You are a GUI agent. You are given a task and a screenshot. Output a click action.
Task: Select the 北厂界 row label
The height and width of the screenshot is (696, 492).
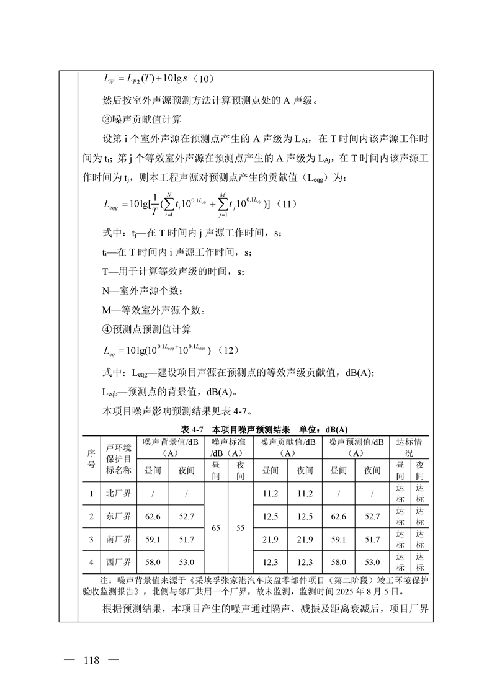(x=119, y=494)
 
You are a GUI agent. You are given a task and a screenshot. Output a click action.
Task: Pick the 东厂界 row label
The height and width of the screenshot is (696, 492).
(x=119, y=516)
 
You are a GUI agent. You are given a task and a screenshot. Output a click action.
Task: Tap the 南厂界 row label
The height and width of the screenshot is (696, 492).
(x=119, y=539)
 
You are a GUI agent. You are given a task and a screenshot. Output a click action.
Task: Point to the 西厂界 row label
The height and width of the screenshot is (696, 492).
(x=119, y=562)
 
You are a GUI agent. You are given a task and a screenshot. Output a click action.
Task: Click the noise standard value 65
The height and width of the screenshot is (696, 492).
(x=215, y=528)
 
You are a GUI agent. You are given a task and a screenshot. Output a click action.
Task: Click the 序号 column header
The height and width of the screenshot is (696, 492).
(x=91, y=459)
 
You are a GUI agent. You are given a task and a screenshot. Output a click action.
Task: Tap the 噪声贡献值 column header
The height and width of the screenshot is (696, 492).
(x=287, y=447)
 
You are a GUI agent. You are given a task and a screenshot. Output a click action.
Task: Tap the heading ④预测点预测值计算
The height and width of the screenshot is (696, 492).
(x=146, y=329)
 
